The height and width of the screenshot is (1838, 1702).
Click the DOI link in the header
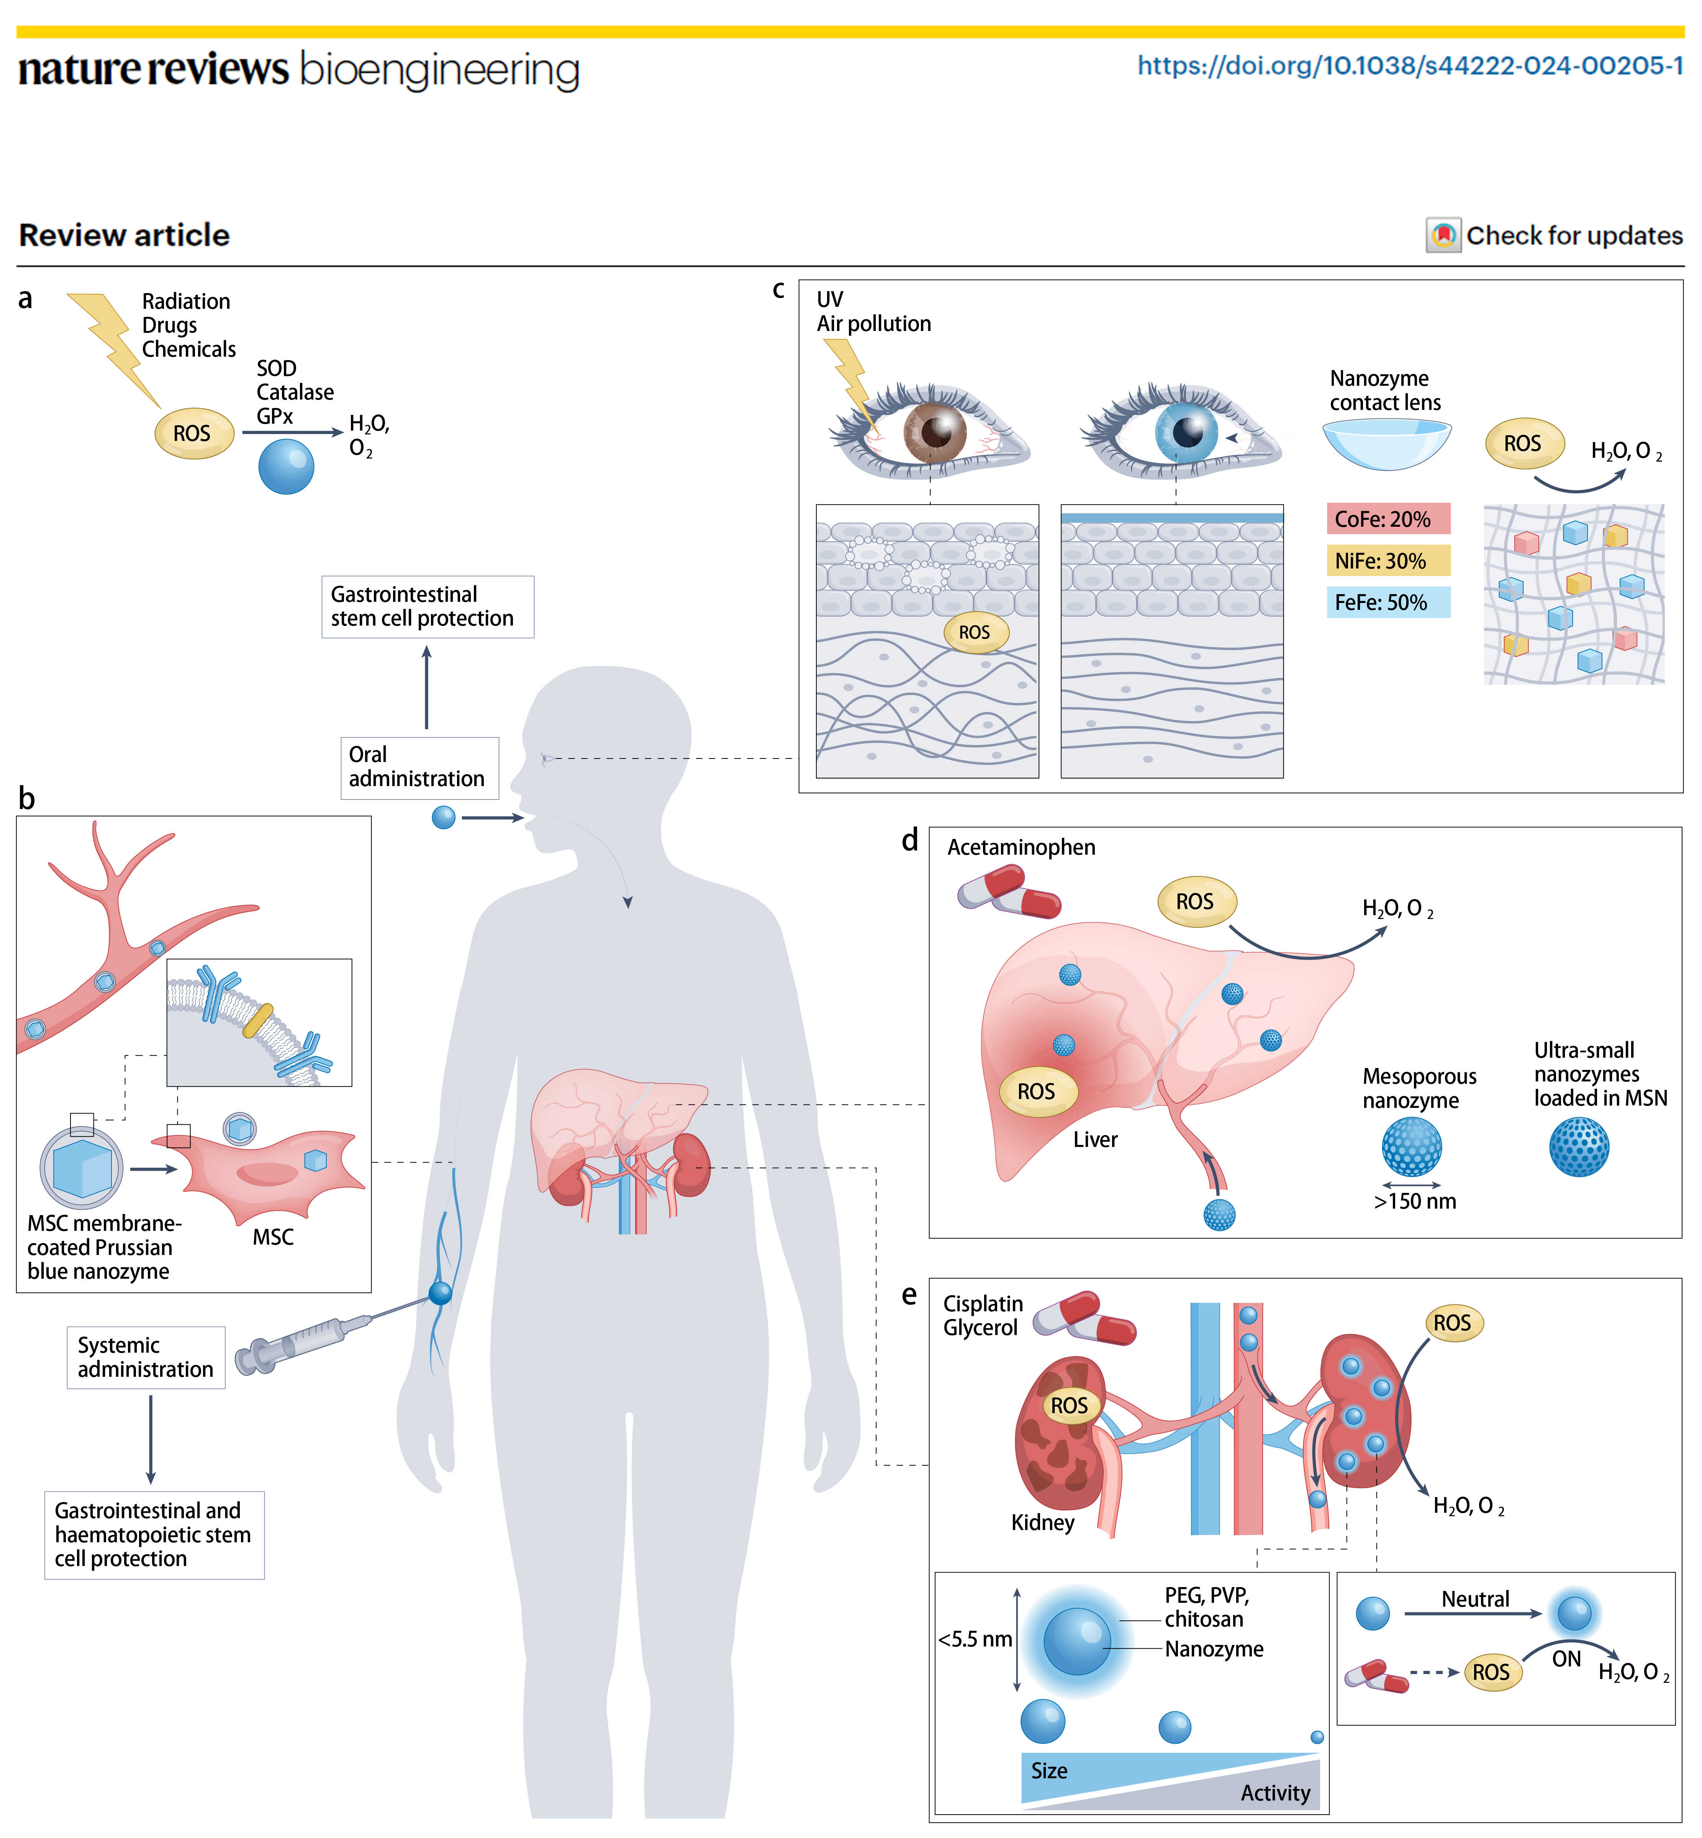pyautogui.click(x=1409, y=66)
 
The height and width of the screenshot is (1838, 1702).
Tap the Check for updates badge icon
pyautogui.click(x=1443, y=236)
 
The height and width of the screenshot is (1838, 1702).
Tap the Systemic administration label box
pyautogui.click(x=146, y=1357)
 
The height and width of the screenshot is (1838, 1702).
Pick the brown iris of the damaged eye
pyautogui.click(x=935, y=432)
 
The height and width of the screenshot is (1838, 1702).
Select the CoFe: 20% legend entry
pyautogui.click(x=1387, y=519)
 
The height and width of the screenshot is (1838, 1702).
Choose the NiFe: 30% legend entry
pyautogui.click(x=1387, y=561)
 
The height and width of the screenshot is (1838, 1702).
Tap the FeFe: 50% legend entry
pyautogui.click(x=1387, y=602)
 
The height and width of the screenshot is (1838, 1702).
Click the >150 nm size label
pyautogui.click(x=1415, y=1202)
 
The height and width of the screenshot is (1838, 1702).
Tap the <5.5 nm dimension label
pyautogui.click(x=975, y=1639)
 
